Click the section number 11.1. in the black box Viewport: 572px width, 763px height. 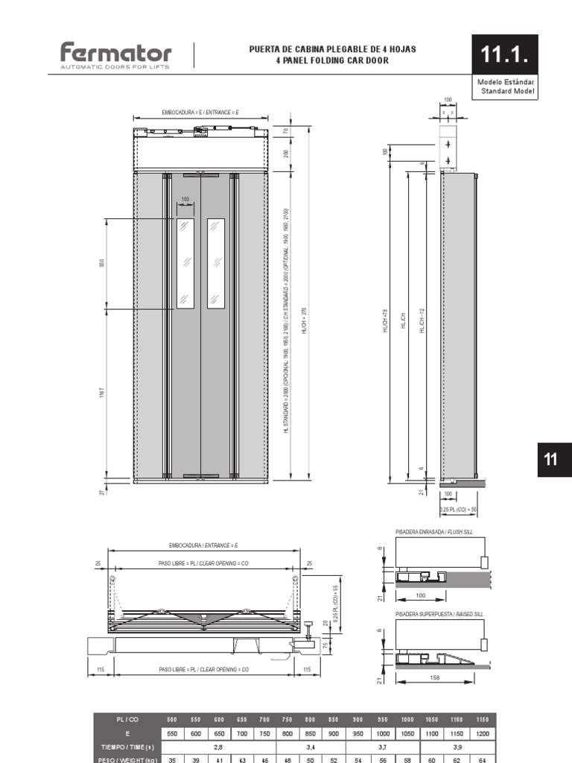pyautogui.click(x=503, y=54)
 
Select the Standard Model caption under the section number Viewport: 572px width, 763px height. pyautogui.click(x=506, y=92)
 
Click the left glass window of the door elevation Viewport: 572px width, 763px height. pyautogui.click(x=185, y=263)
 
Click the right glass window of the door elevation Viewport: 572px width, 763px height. pyautogui.click(x=216, y=263)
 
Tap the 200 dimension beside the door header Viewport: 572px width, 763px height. pyautogui.click(x=286, y=154)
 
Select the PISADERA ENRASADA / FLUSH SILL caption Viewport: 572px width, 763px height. pyautogui.click(x=434, y=534)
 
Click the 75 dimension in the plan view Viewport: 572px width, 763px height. pyautogui.click(x=325, y=645)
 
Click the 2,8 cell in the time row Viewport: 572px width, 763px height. pyautogui.click(x=218, y=746)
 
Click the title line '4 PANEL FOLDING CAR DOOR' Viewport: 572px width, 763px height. pyautogui.click(x=332, y=60)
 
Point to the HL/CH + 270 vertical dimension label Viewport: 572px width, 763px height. pyautogui.click(x=304, y=320)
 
